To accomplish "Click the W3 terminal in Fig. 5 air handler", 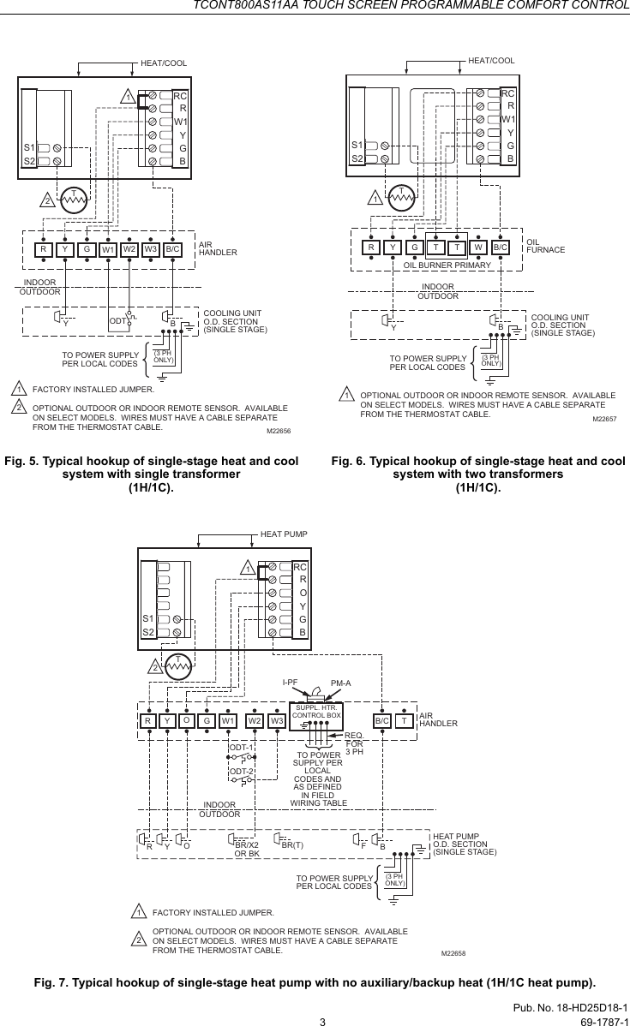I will pos(150,250).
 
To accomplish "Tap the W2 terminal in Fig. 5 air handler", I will pos(129,250).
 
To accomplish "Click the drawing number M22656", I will pos(279,432).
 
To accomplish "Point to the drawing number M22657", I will pos(606,419).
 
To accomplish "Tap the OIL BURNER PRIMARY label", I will pos(447,265).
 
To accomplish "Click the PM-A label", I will pos(342,683).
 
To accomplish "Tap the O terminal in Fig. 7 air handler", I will pos(185,721).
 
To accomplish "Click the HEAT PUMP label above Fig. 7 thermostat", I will pos(283,533).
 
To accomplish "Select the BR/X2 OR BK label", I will pos(247,849).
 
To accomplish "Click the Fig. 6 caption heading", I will pos(478,474).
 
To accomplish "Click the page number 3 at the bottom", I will pos(322,1020).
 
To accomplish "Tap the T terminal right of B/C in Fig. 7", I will pos(403,721).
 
